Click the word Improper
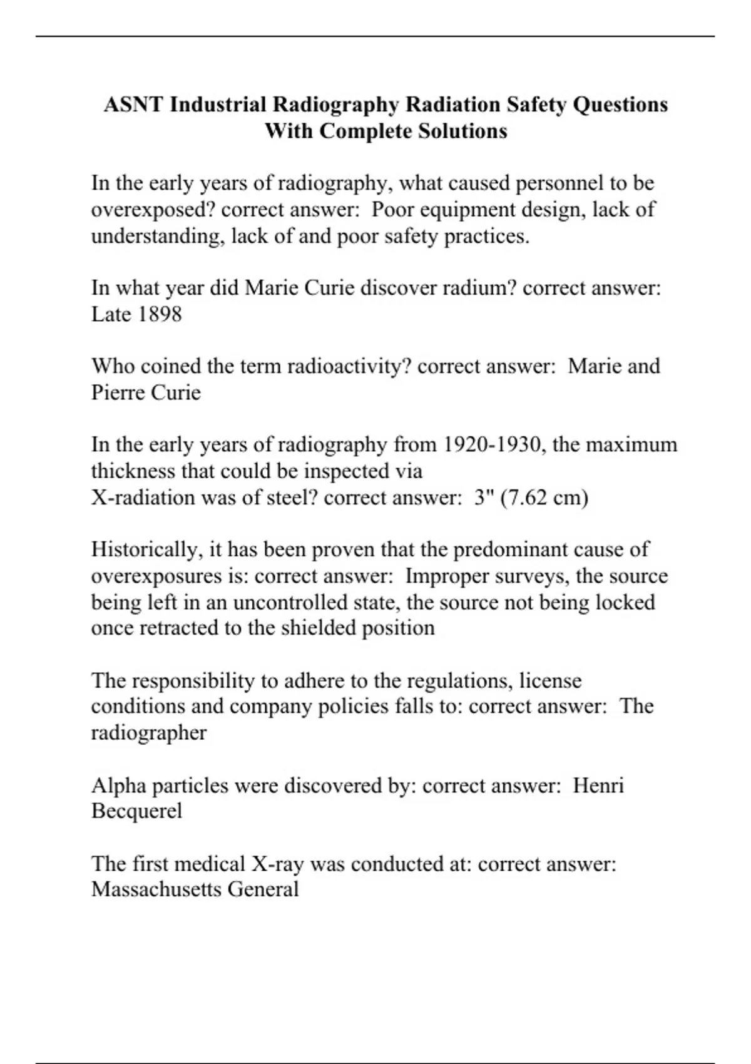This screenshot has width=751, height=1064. (x=447, y=576)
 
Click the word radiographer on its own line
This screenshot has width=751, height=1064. (x=148, y=733)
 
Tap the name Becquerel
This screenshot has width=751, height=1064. (x=136, y=811)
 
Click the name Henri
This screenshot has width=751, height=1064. (x=598, y=785)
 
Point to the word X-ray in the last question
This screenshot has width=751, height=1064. (x=277, y=864)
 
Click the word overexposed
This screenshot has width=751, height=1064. (x=153, y=210)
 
